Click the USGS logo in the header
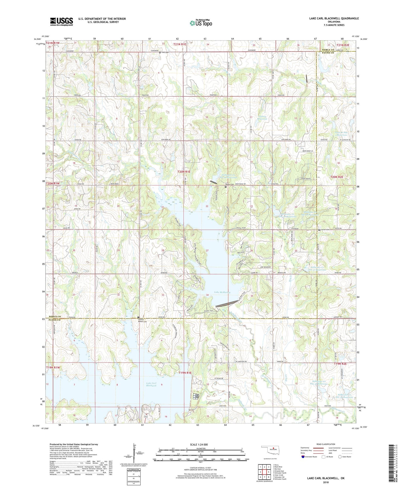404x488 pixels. click(62, 21)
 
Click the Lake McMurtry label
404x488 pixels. click(222, 292)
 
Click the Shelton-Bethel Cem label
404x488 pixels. click(143, 320)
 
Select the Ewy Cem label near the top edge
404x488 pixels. click(165, 52)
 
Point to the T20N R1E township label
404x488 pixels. click(184, 172)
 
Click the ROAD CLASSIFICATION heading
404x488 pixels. click(326, 444)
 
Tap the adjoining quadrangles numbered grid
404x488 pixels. click(264, 472)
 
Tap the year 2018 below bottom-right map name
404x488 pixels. click(326, 482)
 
